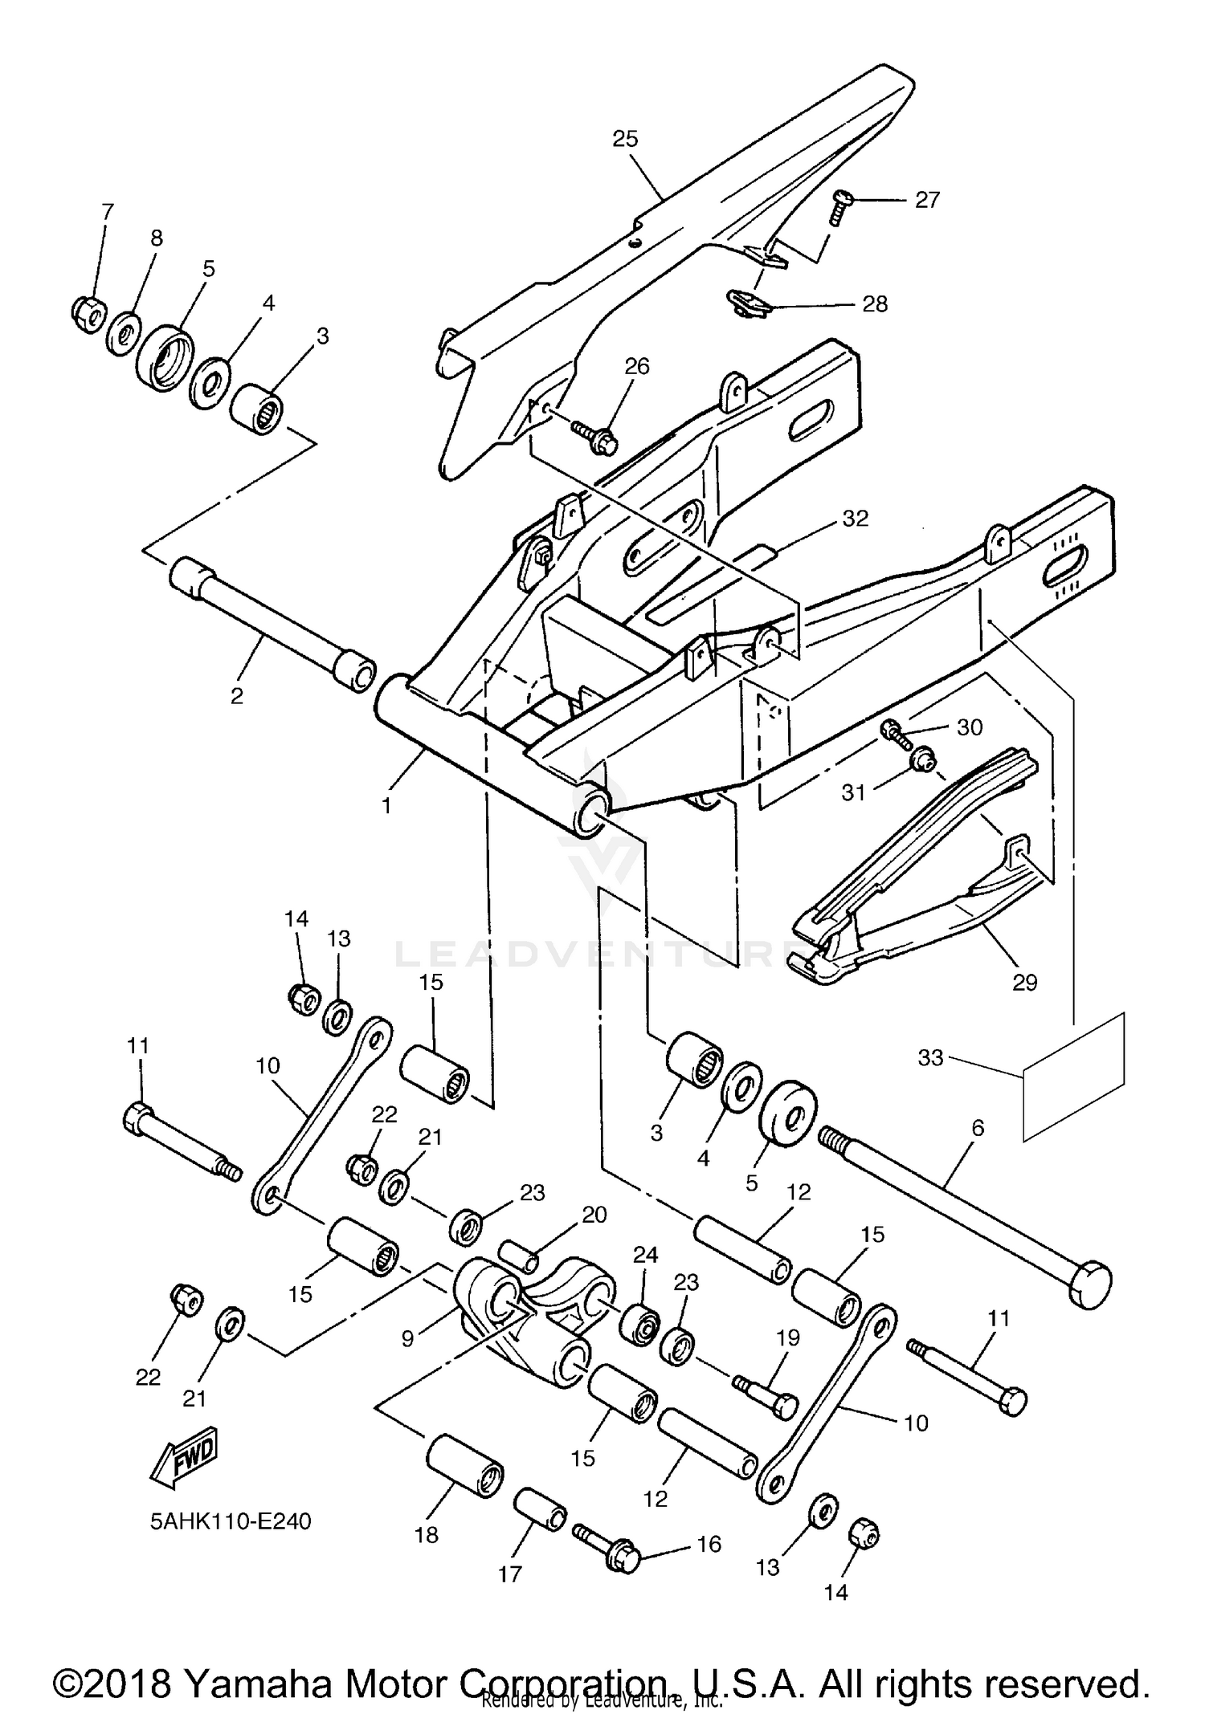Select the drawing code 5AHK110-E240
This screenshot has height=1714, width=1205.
[231, 1521]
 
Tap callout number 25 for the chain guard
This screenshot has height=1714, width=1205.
[625, 139]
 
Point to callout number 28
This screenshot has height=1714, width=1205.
[875, 304]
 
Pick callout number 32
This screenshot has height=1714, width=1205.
[856, 519]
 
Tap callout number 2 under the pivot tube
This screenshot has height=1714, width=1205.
[236, 695]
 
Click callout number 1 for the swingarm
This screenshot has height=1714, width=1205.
[386, 805]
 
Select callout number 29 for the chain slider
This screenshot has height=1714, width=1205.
[1025, 982]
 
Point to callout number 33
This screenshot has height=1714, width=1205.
[930, 1058]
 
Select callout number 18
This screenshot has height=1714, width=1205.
[427, 1535]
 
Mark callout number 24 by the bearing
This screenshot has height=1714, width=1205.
[645, 1255]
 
